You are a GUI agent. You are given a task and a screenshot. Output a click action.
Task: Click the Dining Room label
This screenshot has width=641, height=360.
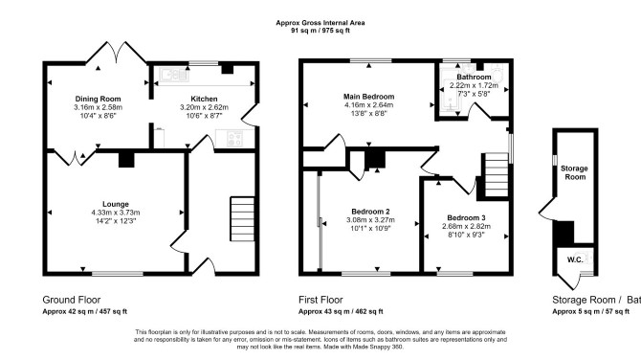pos(98,99)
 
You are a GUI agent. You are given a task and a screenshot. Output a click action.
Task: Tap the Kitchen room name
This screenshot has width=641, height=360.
pos(204,99)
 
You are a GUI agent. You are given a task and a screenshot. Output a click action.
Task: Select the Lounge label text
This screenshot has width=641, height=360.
pos(116,204)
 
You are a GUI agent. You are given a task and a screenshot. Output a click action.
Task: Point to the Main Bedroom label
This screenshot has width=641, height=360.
pos(368,97)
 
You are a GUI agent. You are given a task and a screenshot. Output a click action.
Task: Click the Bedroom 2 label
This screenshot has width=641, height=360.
pos(370,212)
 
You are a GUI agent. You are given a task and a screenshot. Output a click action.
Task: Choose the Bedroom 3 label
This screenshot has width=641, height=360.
pos(466,218)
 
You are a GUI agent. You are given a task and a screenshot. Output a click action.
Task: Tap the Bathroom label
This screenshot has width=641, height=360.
pos(474,77)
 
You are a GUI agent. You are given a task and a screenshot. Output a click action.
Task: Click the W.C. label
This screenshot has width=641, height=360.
pos(575,259)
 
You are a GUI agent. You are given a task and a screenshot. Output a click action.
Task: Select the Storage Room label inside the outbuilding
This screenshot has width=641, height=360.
pos(575,172)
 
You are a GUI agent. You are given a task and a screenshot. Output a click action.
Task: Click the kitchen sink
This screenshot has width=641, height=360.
pos(174,75)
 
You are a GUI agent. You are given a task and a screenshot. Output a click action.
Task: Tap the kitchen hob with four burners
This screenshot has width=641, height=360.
pos(234,138)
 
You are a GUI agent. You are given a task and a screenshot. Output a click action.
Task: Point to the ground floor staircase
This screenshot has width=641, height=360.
pos(242,219)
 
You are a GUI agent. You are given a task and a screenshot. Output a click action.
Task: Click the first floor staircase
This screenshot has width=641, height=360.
pos(497,175)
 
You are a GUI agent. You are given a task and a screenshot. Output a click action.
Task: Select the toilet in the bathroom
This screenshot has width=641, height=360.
pos(497,74)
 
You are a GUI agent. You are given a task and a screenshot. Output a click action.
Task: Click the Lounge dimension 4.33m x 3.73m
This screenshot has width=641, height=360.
pos(116,213)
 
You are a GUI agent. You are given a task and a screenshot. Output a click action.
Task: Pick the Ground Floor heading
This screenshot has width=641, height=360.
pos(72,300)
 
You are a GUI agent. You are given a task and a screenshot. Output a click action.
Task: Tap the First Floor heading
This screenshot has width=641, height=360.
pos(320,300)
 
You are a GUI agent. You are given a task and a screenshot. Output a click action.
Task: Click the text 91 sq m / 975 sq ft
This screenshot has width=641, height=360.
pos(320,31)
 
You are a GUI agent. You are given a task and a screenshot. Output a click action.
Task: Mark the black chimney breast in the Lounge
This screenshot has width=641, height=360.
pos(126,160)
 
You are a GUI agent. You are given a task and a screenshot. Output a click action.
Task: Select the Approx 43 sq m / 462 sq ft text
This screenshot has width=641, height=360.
pos(341,311)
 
